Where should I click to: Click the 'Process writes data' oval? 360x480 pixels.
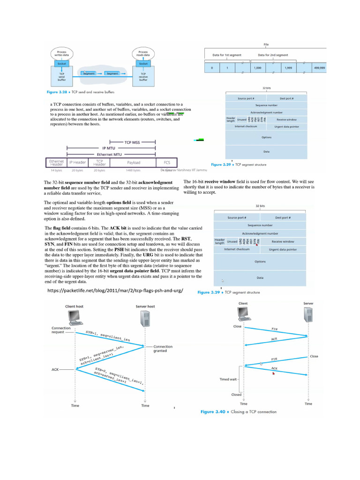[61, 54]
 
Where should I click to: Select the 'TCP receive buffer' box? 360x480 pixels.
[143, 76]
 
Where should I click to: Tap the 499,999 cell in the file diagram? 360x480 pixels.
[320, 68]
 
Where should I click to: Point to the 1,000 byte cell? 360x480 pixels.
[257, 68]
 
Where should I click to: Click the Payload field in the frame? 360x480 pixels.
[133, 162]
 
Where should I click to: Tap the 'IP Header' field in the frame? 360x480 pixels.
[77, 162]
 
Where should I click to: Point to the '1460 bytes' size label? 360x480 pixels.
[133, 171]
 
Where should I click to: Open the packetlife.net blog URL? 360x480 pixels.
[114, 291]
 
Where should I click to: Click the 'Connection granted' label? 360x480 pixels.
[163, 349]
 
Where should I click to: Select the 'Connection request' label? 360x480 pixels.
[61, 330]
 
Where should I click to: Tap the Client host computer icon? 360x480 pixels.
[75, 317]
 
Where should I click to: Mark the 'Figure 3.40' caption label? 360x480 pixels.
[213, 412]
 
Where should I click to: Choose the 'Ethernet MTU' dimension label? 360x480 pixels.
[109, 154]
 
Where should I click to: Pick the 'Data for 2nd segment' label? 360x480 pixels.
[273, 55]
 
